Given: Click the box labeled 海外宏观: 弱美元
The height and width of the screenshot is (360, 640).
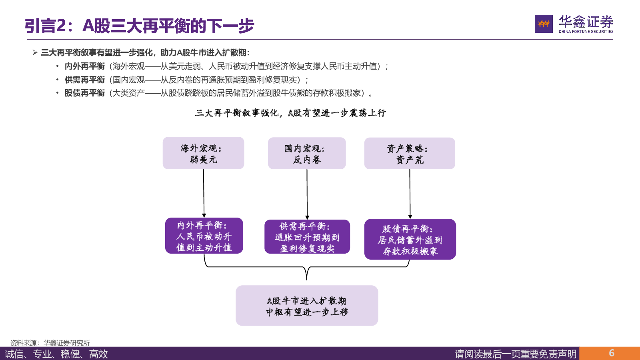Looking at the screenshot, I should pos(203,153).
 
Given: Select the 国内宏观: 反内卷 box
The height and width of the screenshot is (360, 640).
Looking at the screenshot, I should pos(307,153).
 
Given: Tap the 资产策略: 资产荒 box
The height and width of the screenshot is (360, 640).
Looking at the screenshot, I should pos(410,154).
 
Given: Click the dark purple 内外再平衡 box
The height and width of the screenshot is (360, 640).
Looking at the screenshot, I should pos(204,236).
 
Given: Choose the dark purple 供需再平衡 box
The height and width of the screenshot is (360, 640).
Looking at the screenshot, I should pos(307,237).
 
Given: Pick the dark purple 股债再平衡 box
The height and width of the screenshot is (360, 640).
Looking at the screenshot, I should pos(410,239).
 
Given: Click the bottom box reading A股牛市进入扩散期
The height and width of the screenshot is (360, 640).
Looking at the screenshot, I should pos(307,306).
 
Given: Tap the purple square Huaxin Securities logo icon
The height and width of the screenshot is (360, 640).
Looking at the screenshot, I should pos(544,24).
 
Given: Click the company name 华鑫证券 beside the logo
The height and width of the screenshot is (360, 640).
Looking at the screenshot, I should pos(586,22).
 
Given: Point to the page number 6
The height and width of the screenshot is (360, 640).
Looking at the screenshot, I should pos(612,353).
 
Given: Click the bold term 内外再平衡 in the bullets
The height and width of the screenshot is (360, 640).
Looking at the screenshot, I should pos(85,66).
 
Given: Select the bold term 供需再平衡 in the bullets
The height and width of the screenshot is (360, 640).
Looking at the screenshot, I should pos(85,80).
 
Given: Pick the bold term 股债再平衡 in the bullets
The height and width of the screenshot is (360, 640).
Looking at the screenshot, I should pos(85,93).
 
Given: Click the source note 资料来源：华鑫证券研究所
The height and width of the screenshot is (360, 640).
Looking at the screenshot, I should pos(50,343).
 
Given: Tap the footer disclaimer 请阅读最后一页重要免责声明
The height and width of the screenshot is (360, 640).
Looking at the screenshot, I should pos(516,354).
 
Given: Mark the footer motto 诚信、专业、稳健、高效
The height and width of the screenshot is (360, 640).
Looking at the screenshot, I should pos(56,354).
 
